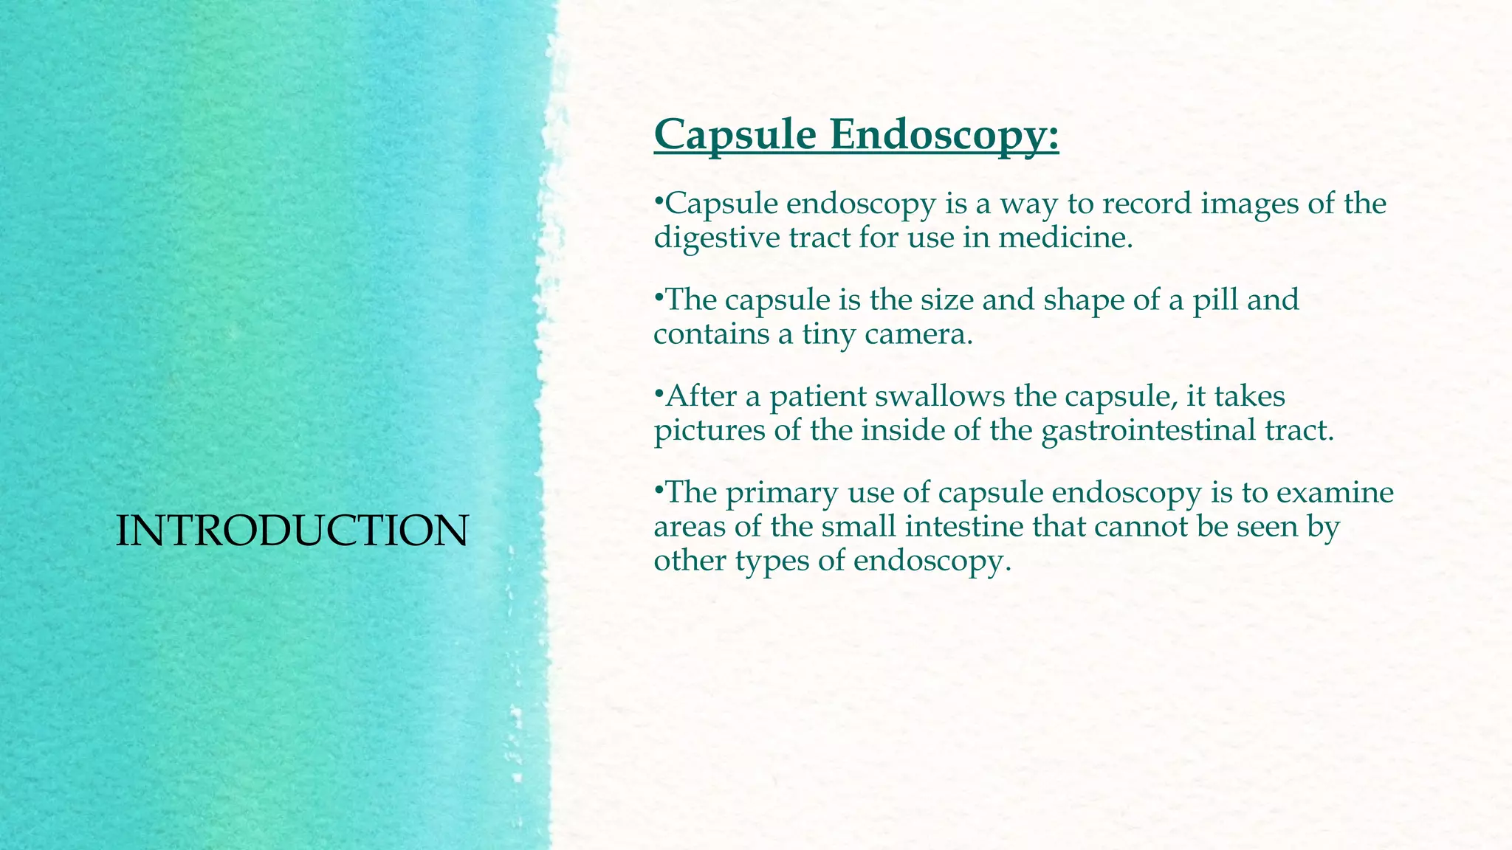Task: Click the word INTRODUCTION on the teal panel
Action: (x=292, y=531)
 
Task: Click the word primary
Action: (x=782, y=493)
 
